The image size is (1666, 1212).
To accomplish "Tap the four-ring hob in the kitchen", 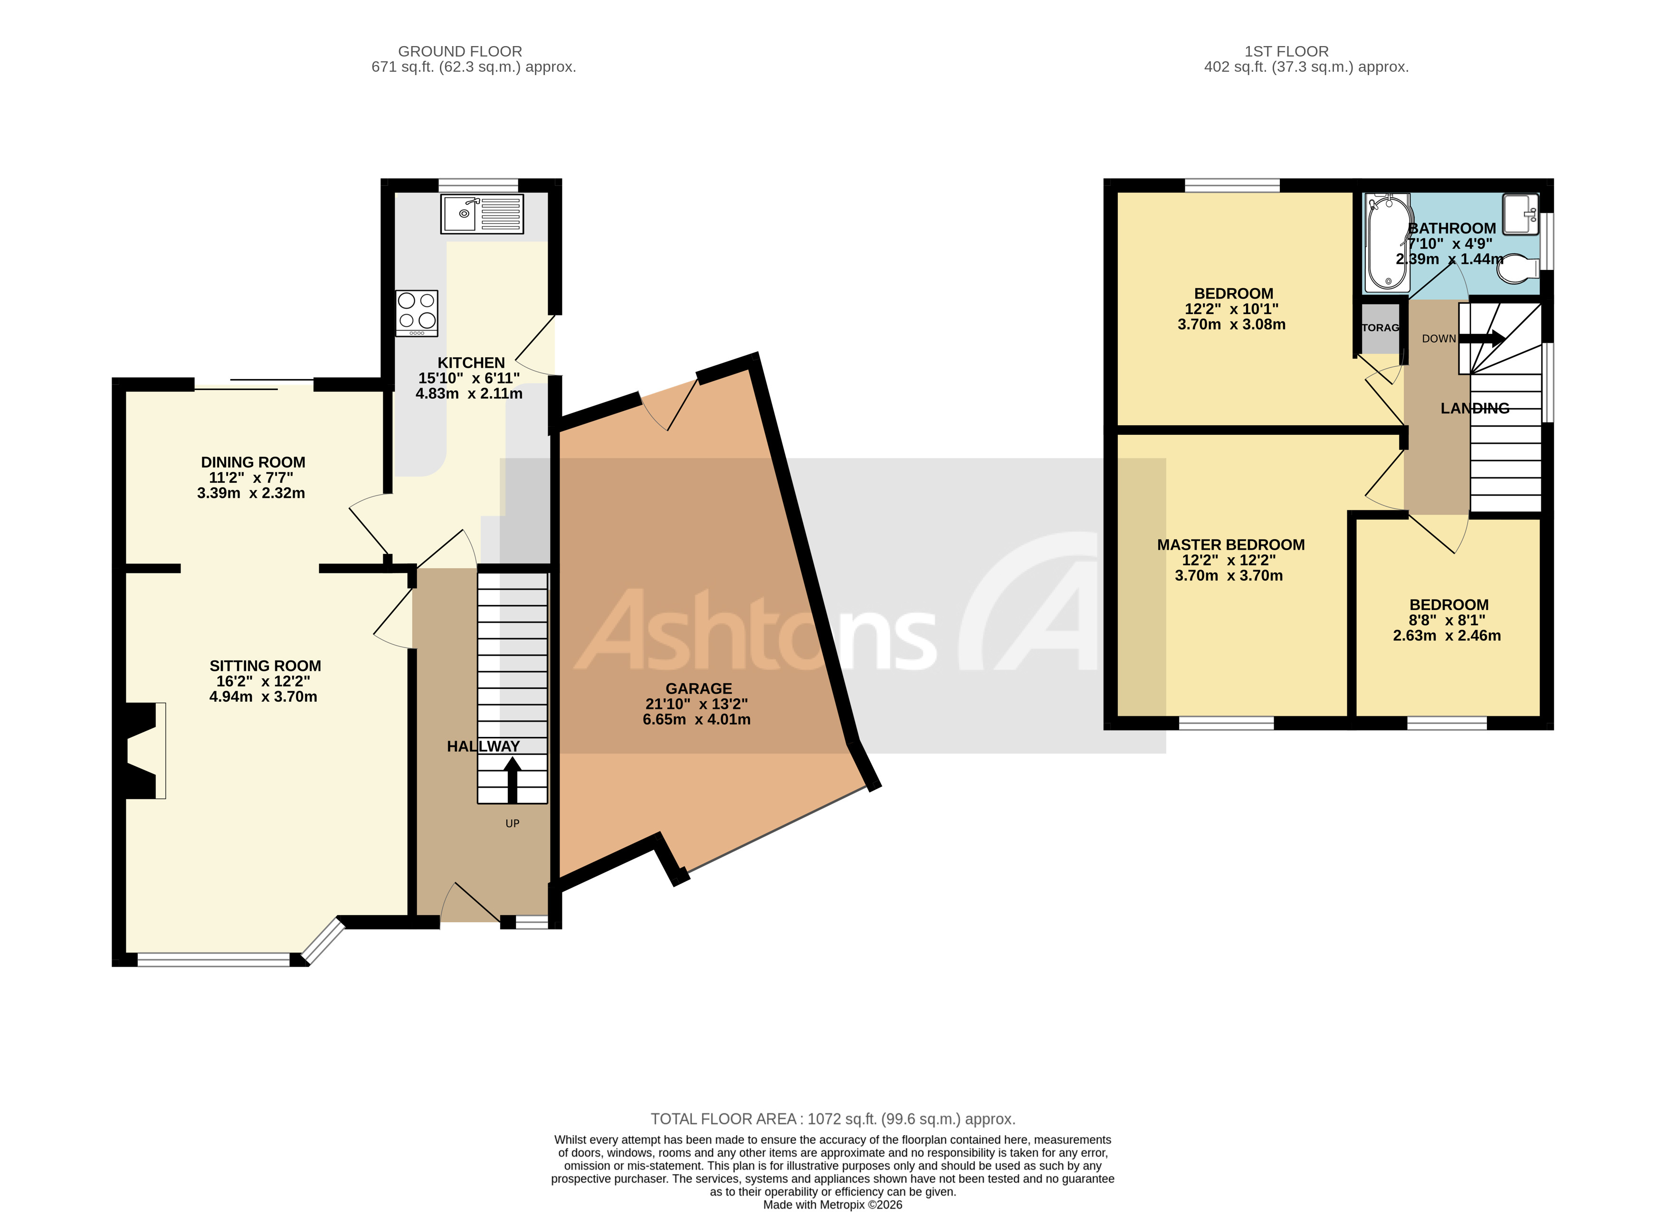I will pyautogui.click(x=417, y=313).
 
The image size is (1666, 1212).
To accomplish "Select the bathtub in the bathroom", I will pyautogui.click(x=1388, y=242).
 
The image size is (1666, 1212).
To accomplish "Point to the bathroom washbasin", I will pyautogui.click(x=1520, y=214).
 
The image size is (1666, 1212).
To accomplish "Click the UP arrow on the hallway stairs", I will pyautogui.click(x=512, y=780).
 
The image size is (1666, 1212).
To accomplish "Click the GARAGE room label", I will pyautogui.click(x=699, y=688).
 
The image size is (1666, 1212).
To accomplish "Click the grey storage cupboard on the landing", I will pyautogui.click(x=1380, y=328).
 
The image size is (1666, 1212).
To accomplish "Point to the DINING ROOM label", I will pyautogui.click(x=253, y=462).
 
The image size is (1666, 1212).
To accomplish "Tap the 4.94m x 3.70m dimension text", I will pyautogui.click(x=263, y=697).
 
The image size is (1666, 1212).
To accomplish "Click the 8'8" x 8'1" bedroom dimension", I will pyautogui.click(x=1447, y=620).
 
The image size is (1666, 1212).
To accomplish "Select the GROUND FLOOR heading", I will pyautogui.click(x=460, y=51).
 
